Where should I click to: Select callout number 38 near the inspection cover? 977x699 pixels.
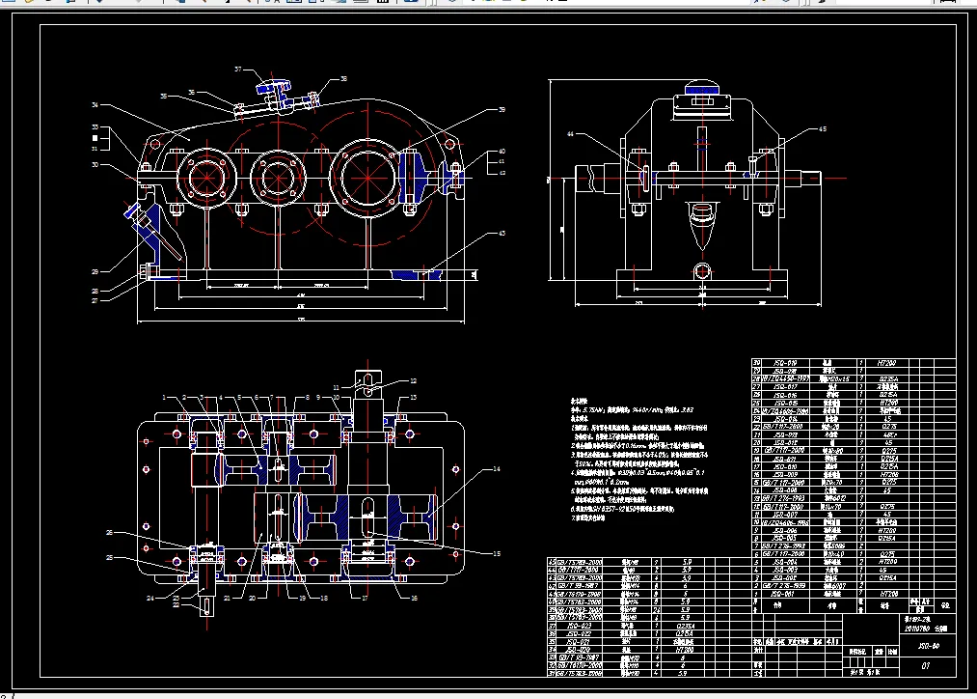[342, 79]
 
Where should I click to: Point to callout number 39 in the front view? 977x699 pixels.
[501, 110]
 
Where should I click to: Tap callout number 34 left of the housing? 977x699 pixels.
[95, 104]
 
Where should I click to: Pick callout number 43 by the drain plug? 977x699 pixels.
[501, 233]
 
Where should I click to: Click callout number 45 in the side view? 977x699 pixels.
[822, 128]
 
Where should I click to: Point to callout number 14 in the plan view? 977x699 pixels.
[497, 469]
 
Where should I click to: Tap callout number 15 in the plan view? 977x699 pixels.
[497, 553]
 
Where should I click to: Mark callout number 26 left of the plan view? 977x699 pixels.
[109, 533]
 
